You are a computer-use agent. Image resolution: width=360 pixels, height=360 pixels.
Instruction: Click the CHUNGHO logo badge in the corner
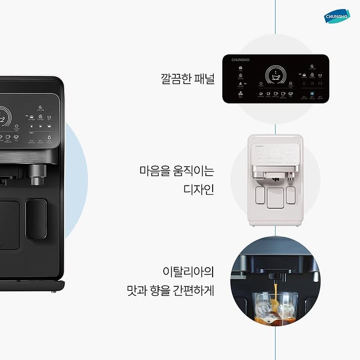[337, 16]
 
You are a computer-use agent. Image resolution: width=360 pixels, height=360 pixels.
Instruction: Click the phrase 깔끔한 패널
[187, 78]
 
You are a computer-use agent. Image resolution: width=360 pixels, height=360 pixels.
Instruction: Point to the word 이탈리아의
[188, 273]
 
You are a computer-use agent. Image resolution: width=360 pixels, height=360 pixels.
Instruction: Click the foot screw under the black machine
[53, 291]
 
